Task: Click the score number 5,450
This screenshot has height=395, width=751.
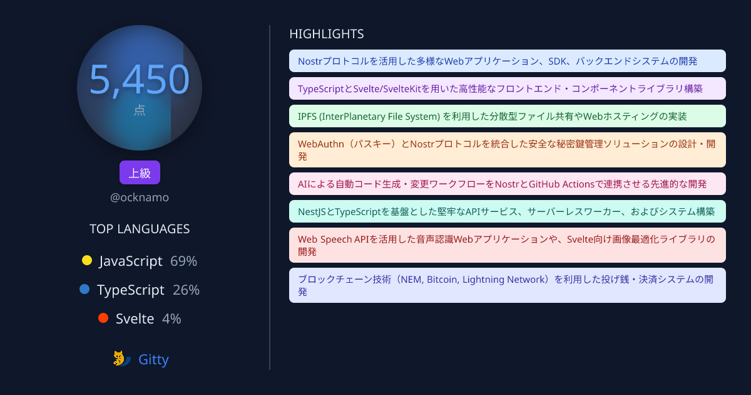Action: [140, 80]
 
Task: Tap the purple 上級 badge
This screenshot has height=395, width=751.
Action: [140, 172]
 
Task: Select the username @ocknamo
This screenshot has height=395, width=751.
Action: [140, 197]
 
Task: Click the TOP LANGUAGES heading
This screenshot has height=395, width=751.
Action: [140, 229]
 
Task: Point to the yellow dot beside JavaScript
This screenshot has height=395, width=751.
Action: [87, 260]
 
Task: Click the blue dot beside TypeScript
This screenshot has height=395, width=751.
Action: [84, 289]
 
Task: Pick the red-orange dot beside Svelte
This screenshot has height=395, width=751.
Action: [103, 318]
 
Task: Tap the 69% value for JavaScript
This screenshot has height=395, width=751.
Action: [184, 261]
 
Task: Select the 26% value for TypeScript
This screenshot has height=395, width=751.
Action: [186, 290]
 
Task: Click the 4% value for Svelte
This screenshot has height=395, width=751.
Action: [171, 319]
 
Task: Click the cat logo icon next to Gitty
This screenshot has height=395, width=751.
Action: [121, 359]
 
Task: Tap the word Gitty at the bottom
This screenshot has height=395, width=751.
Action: [153, 359]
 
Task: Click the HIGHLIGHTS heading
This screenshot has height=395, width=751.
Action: [327, 34]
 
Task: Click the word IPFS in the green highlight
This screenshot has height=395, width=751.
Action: [307, 117]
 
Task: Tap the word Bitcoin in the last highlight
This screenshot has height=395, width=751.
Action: [442, 280]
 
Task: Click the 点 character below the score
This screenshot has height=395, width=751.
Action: [140, 110]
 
